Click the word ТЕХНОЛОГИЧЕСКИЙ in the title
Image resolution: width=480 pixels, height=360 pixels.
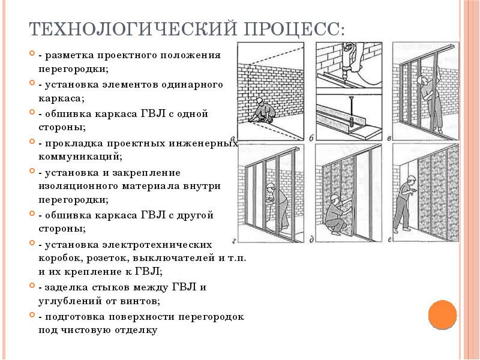[133, 29]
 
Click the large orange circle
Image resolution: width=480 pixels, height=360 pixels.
[442, 315]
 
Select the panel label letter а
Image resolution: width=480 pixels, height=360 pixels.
[234, 138]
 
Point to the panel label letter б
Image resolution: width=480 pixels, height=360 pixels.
[311, 138]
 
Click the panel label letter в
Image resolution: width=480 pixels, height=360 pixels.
[389, 139]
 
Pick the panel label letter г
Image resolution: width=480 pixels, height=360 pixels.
[234, 241]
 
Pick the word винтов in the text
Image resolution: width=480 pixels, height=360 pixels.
[140, 301]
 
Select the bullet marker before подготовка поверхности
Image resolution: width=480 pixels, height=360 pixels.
[32, 314]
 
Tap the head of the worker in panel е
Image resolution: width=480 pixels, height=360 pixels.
[411, 180]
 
